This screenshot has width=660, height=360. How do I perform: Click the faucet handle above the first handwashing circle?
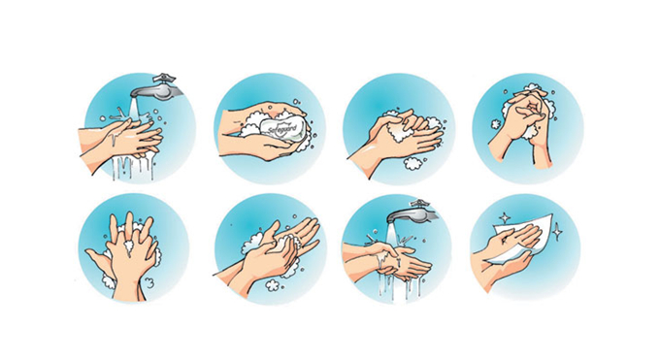(164, 79)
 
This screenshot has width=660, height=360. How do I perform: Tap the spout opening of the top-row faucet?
(135, 95)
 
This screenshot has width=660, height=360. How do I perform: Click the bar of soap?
(282, 126)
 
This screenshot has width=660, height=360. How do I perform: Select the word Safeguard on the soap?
(282, 126)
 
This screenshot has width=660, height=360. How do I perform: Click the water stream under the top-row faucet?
(135, 110)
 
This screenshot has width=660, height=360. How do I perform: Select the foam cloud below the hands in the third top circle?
(412, 163)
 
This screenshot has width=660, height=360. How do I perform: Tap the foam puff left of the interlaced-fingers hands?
(495, 124)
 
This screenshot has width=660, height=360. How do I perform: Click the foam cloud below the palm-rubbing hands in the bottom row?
(273, 285)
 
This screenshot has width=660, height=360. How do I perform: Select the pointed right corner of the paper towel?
(552, 214)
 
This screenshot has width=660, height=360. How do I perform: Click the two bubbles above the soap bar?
(296, 102)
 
